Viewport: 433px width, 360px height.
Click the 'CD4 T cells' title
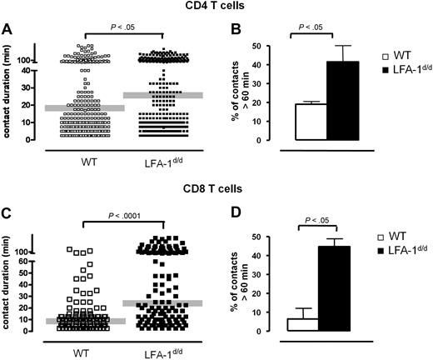coord(215,7)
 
